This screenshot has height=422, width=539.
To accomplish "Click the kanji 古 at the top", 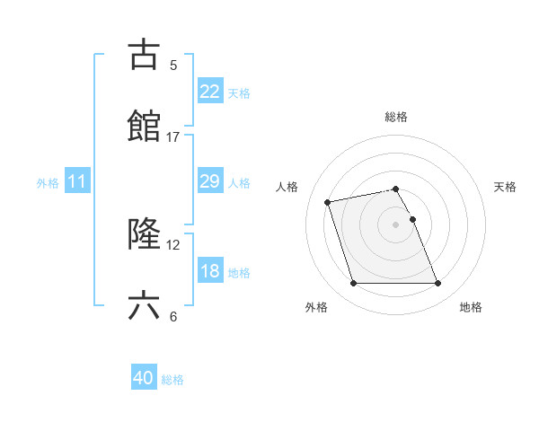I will tap(145, 55).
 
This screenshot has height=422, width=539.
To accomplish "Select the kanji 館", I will tap(145, 127).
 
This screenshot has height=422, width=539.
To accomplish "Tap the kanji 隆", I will tap(145, 234).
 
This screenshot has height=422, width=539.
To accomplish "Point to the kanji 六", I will tap(145, 306).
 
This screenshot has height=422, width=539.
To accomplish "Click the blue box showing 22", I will tap(209, 92).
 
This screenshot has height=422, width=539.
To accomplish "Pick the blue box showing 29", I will tap(209, 181).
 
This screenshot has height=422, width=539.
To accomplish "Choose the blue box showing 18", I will tap(209, 271).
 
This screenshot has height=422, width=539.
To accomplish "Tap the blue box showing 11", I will tap(77, 181).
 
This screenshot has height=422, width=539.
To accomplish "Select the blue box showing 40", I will tap(144, 379).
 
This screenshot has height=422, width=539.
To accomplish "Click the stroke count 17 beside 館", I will tap(173, 137).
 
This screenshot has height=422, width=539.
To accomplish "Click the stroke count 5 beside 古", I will tap(173, 66).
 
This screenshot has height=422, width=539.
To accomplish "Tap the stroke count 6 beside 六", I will tap(173, 317).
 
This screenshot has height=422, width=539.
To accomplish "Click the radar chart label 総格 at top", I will tap(396, 117).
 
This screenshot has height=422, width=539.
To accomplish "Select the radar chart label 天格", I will tap(506, 187).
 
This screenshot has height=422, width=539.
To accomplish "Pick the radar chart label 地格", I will tap(471, 308).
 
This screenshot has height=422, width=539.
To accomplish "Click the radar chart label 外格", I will tap(316, 308).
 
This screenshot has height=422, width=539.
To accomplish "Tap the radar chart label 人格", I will tap(288, 187).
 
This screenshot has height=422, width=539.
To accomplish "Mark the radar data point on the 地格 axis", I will tap(437, 284).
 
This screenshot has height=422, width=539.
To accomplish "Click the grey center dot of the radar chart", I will tap(396, 224).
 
